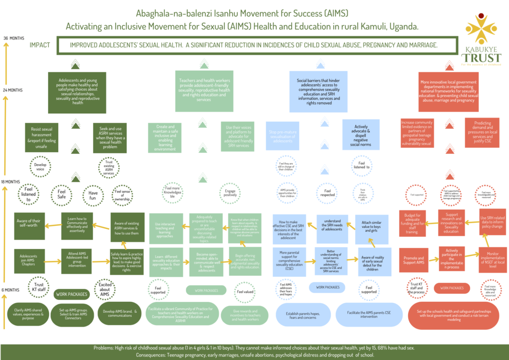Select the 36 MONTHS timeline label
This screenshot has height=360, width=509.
[13, 38]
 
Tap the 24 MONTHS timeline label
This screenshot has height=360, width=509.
[14, 90]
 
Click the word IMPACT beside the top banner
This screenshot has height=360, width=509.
[40, 45]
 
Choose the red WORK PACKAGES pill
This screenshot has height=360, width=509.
[452, 288]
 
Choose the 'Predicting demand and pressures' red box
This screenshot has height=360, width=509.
[482, 133]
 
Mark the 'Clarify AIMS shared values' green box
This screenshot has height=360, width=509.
[28, 314]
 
